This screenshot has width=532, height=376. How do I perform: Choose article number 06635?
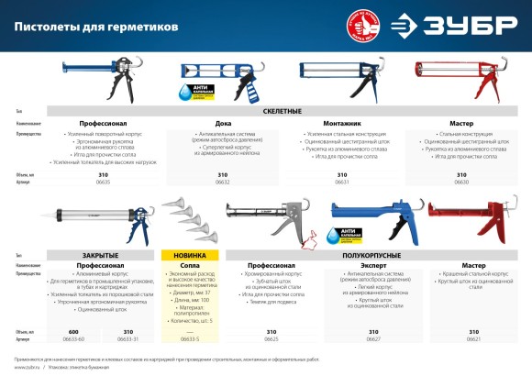(x=103, y=182)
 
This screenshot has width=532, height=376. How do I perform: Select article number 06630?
(x=460, y=182)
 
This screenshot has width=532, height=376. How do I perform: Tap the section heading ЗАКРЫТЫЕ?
(x=103, y=253)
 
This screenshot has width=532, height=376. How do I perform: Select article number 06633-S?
(x=188, y=338)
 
